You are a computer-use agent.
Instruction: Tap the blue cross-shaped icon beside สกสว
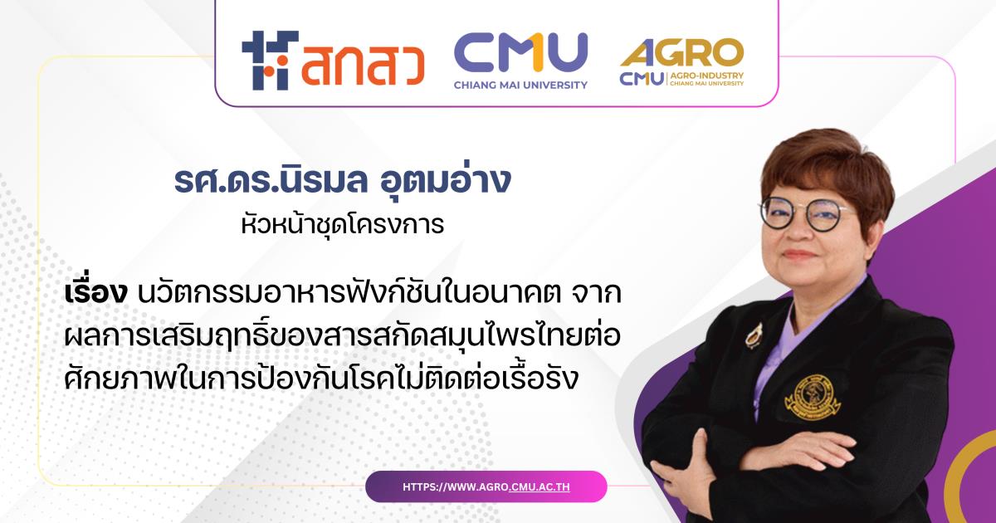270,60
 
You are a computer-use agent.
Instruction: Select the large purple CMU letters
520,54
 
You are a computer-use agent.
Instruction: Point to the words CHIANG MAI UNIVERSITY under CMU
520,85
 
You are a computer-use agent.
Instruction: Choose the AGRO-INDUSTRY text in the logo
706,76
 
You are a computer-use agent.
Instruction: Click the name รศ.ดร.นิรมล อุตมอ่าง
342,180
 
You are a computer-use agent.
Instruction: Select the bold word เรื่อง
96,294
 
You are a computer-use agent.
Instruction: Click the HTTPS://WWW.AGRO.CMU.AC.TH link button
486,486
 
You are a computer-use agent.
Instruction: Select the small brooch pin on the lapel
754,335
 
